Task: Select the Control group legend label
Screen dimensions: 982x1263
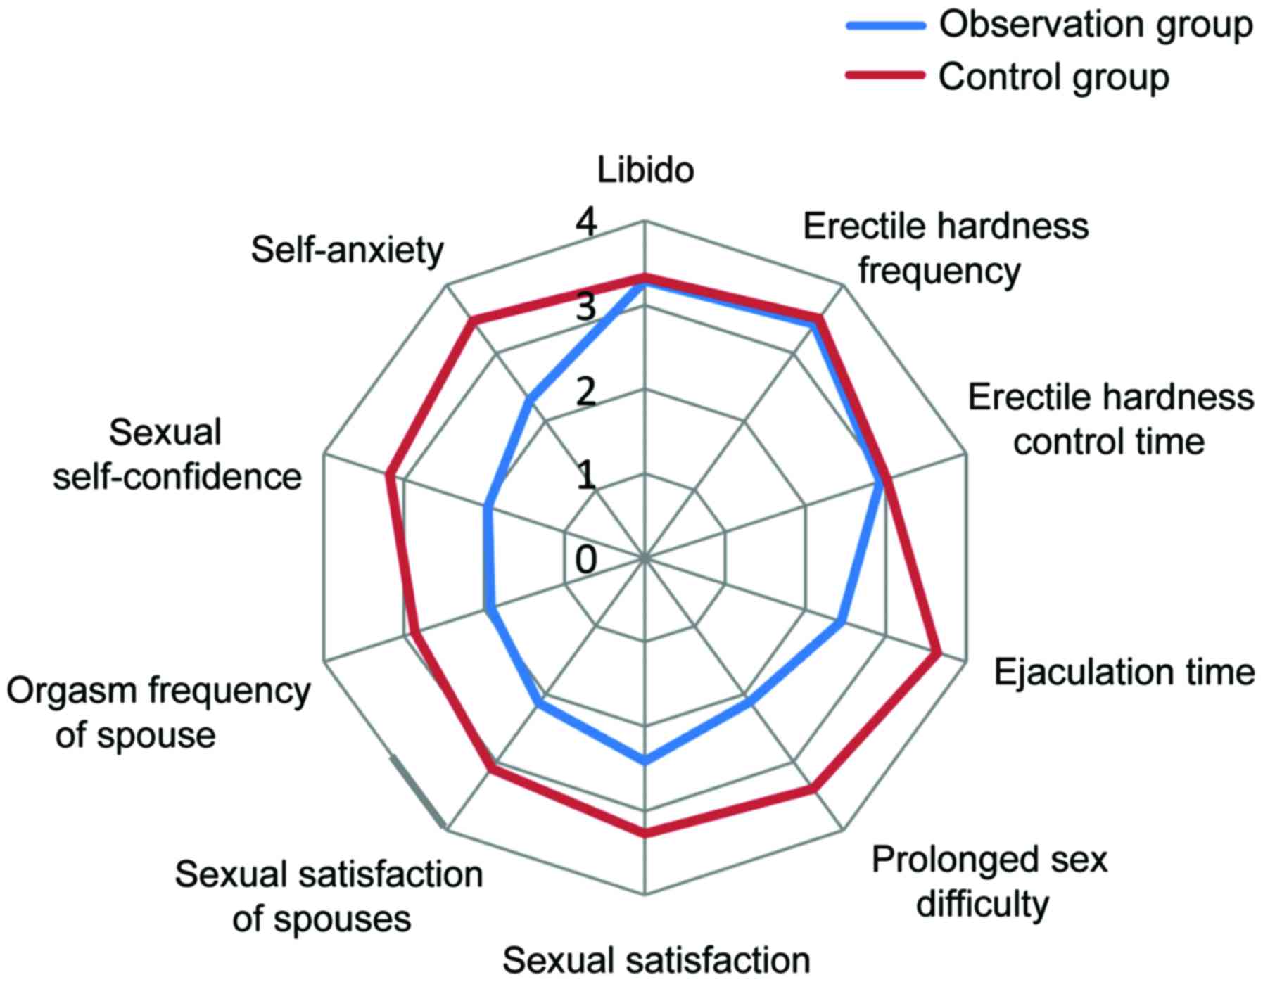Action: pos(1053,76)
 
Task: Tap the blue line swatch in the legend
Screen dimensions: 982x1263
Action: pos(884,25)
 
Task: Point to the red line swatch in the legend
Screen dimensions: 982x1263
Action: pos(884,75)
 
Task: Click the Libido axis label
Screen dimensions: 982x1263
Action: pos(645,171)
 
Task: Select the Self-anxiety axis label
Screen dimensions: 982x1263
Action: pos(348,250)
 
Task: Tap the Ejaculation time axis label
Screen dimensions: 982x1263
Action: pos(1124,672)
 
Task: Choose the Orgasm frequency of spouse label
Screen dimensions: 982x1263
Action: pos(158,713)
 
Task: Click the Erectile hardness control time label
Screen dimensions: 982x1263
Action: pos(1110,420)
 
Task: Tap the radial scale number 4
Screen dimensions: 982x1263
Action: pos(585,224)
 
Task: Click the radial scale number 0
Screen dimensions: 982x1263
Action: pos(585,561)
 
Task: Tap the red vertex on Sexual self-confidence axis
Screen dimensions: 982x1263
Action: pos(388,477)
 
